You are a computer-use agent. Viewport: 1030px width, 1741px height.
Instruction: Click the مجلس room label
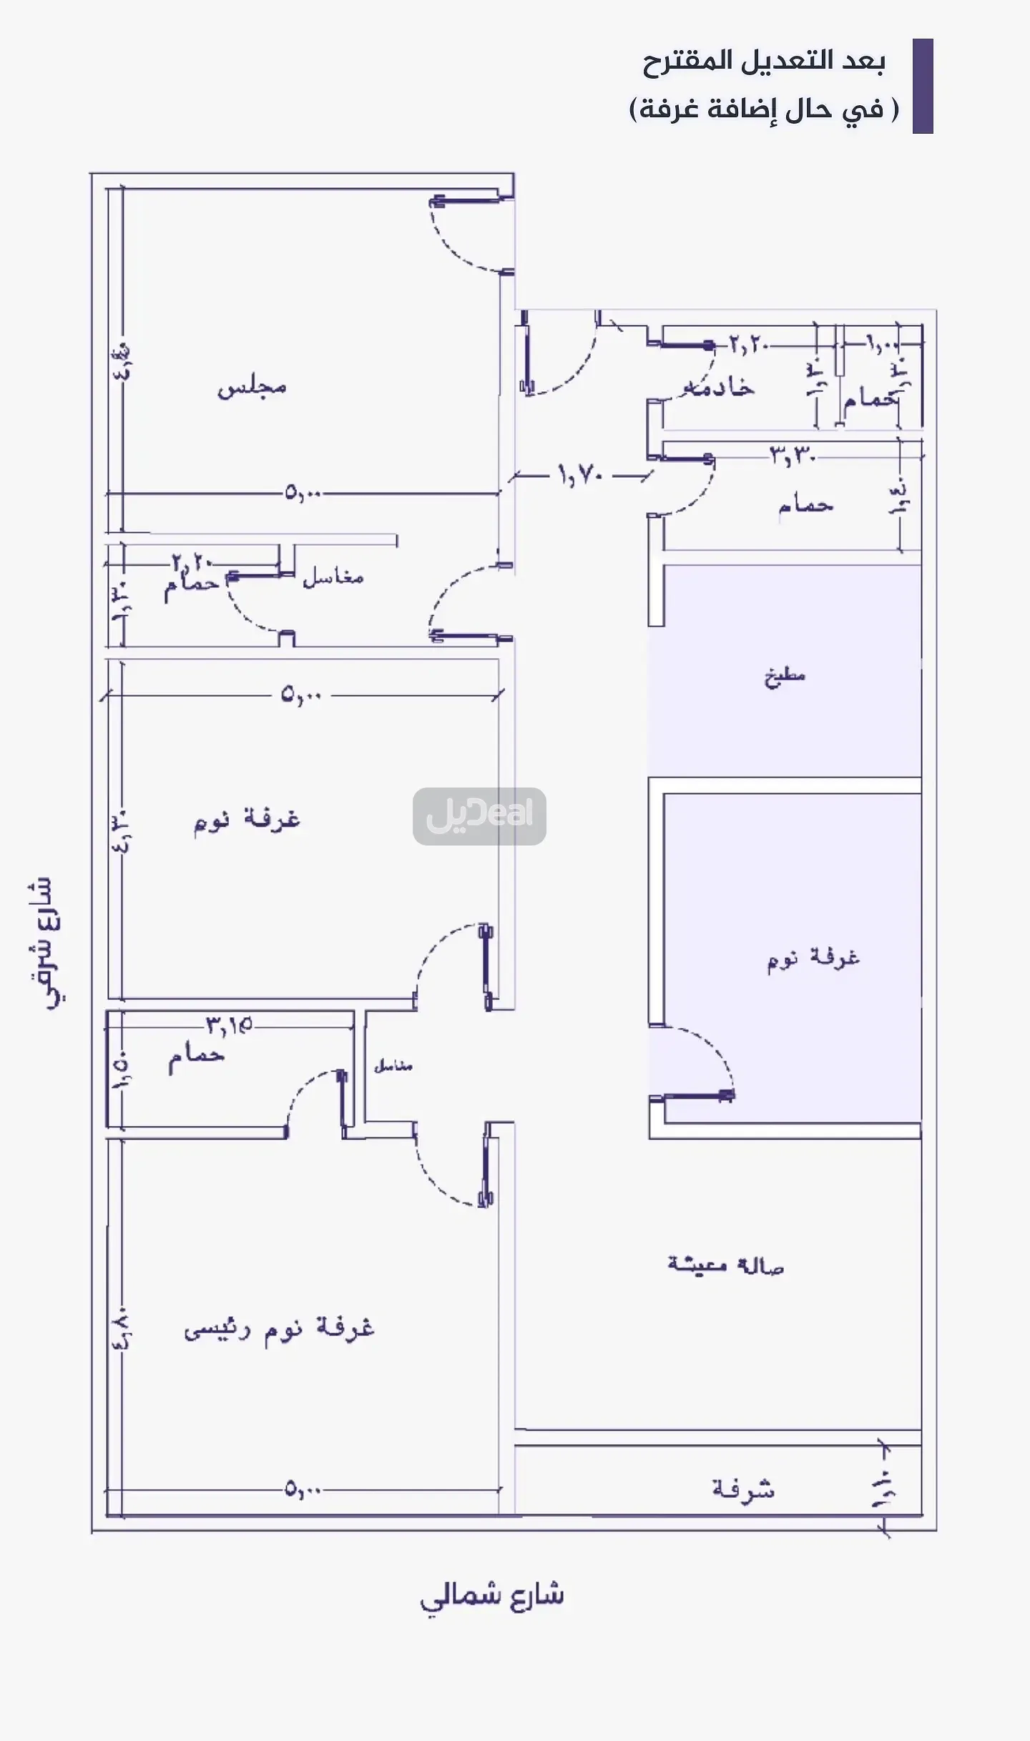pyautogui.click(x=252, y=387)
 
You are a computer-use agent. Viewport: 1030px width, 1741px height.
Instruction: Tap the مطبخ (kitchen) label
pyautogui.click(x=785, y=676)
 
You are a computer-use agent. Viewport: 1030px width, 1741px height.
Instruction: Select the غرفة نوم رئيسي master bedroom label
pyautogui.click(x=279, y=1329)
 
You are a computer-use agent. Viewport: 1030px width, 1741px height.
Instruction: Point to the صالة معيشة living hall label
pyautogui.click(x=725, y=1265)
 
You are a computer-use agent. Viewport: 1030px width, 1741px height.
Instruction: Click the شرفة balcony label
pyautogui.click(x=743, y=1489)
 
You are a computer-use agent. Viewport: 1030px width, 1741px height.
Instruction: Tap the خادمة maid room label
pyautogui.click(x=719, y=387)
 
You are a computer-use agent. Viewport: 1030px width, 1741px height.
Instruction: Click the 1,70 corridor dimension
pyautogui.click(x=581, y=474)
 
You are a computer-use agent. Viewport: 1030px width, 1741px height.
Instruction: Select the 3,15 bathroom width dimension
pyautogui.click(x=230, y=1026)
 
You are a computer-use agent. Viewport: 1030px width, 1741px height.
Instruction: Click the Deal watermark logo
pyautogui.click(x=479, y=816)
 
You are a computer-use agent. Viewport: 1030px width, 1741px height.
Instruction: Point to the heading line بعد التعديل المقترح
pyautogui.click(x=763, y=62)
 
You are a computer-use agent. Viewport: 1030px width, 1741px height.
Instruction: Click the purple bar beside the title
pyautogui.click(x=923, y=86)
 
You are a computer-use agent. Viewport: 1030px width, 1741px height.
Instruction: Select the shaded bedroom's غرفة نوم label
pyautogui.click(x=813, y=958)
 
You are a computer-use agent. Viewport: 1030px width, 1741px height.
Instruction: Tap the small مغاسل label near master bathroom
pyautogui.click(x=393, y=1066)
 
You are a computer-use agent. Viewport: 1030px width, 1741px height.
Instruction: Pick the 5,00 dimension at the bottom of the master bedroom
pyautogui.click(x=303, y=1491)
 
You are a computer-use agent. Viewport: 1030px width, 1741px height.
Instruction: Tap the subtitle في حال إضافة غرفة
pyautogui.click(x=763, y=109)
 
